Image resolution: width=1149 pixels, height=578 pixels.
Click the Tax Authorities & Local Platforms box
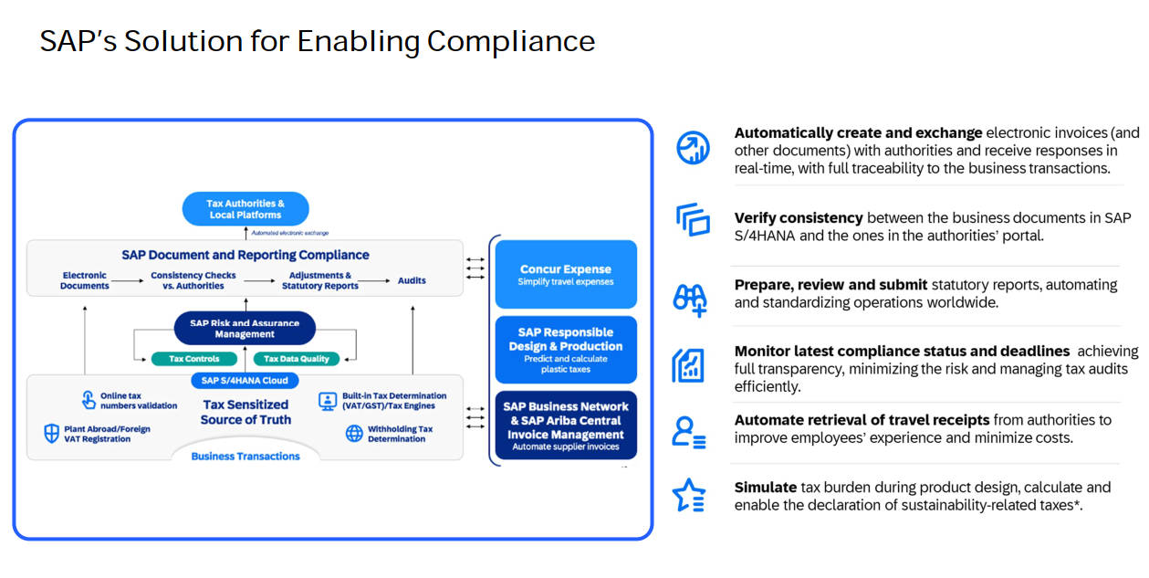(x=245, y=209)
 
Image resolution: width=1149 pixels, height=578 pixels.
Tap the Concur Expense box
(x=566, y=274)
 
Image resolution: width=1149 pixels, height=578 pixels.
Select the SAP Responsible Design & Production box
(x=566, y=350)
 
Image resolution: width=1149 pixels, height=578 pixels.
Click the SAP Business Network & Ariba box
(x=566, y=425)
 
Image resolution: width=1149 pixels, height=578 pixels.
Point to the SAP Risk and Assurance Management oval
(x=245, y=328)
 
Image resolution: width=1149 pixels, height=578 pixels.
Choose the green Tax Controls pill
(x=193, y=359)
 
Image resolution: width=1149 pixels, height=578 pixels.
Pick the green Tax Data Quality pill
(x=297, y=359)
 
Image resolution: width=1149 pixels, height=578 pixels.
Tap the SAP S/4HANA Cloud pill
(x=245, y=381)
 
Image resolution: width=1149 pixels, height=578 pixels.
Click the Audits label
(x=412, y=280)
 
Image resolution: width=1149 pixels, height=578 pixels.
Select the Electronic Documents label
(x=85, y=280)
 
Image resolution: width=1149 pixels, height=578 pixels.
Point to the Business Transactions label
(x=245, y=456)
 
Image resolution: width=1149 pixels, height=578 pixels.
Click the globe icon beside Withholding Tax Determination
(x=354, y=433)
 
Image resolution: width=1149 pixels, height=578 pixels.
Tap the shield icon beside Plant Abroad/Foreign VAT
(x=51, y=433)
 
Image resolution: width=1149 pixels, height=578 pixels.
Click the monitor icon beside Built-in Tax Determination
(x=328, y=401)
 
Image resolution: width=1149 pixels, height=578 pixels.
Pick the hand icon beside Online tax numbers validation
(x=89, y=400)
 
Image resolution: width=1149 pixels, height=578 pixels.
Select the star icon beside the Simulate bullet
(x=689, y=495)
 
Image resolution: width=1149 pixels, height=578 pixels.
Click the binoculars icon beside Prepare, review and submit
(x=691, y=300)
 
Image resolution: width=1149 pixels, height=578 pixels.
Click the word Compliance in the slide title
(x=511, y=41)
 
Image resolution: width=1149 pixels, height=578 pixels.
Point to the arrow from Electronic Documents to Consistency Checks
(x=128, y=281)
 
